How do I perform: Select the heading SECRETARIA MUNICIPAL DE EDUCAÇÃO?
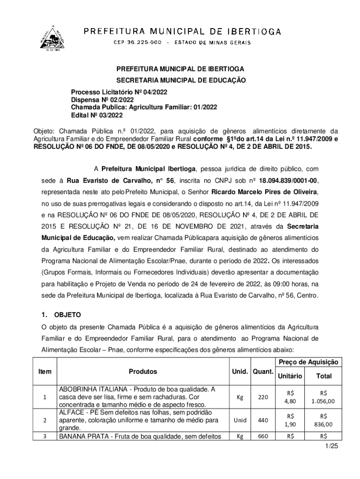pos(181,80)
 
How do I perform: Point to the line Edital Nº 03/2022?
pos(97,115)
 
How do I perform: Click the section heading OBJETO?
pos(67,314)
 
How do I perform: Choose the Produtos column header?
pos(143,372)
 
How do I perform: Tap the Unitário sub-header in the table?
pos(290,376)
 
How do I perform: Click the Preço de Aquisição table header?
pos(310,363)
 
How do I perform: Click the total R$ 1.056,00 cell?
pos(324,397)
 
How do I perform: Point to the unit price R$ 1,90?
pos(290,420)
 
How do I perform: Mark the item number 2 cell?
pos(44,420)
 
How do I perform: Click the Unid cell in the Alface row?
pos(240,420)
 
